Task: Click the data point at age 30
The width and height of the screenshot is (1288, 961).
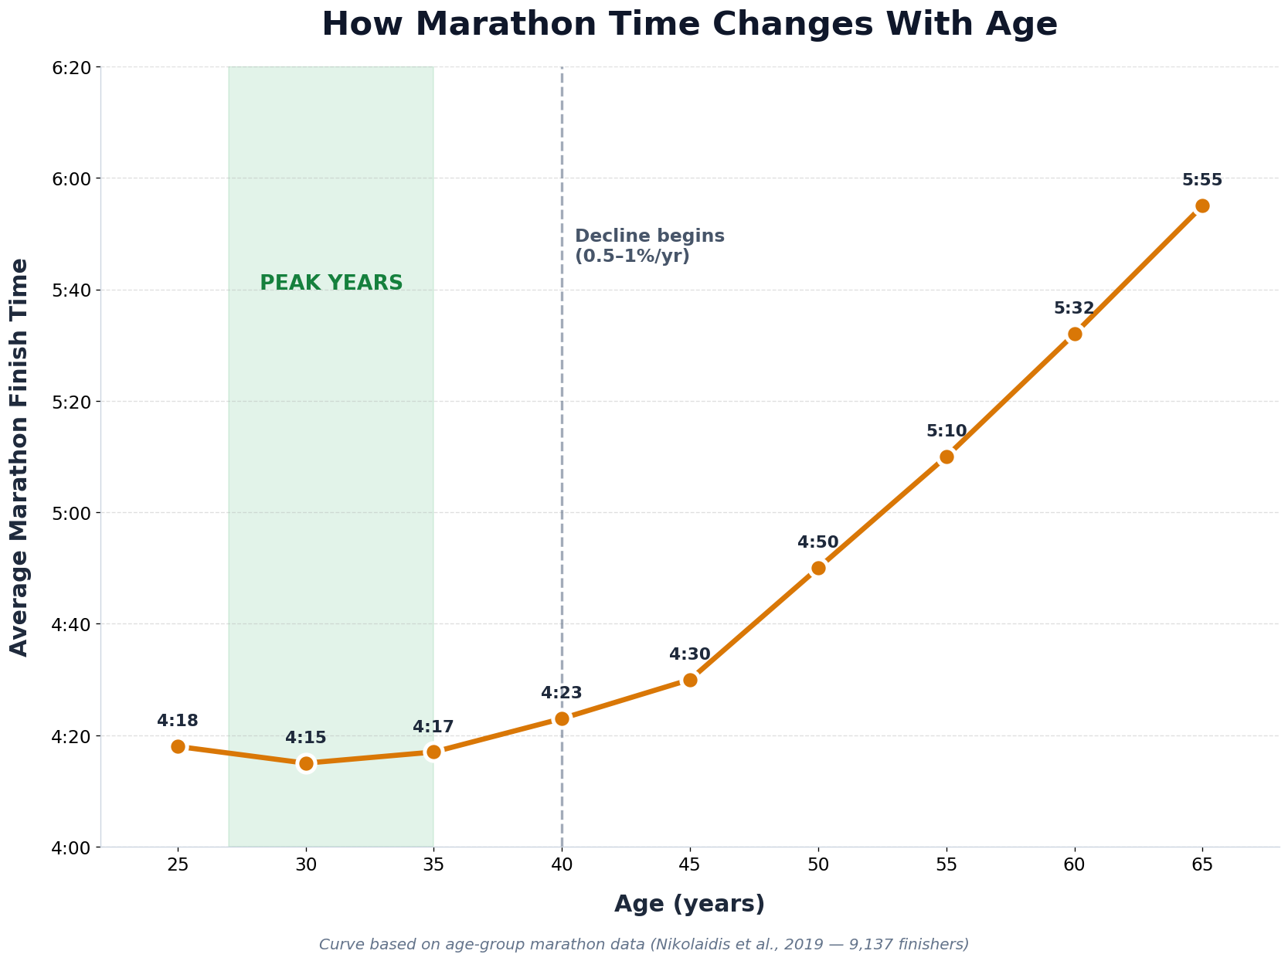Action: pyautogui.click(x=306, y=763)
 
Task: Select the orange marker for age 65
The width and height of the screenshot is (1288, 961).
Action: pyautogui.click(x=1202, y=205)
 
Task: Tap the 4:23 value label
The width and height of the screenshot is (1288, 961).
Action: pyautogui.click(x=562, y=693)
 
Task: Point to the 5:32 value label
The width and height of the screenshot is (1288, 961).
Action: pyautogui.click(x=1074, y=308)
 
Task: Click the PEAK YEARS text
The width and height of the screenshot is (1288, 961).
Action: pyautogui.click(x=331, y=283)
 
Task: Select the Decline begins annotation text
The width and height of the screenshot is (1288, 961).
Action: pyautogui.click(x=650, y=246)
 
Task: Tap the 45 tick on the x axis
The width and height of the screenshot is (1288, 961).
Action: pyautogui.click(x=690, y=865)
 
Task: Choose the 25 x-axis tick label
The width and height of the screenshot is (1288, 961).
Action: pyautogui.click(x=178, y=865)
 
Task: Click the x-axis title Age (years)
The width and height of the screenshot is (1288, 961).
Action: pyautogui.click(x=689, y=904)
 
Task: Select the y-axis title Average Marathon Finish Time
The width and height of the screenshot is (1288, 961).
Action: pyautogui.click(x=19, y=457)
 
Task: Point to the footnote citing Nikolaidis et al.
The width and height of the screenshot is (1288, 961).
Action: pyautogui.click(x=644, y=944)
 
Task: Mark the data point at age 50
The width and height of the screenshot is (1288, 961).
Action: pyautogui.click(x=818, y=568)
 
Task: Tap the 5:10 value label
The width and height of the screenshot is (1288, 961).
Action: pyautogui.click(x=946, y=431)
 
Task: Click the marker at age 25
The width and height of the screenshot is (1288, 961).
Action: pyautogui.click(x=178, y=746)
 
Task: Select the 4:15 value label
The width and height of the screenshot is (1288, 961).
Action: pyautogui.click(x=306, y=738)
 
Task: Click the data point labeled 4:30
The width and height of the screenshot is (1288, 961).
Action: pyautogui.click(x=690, y=680)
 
